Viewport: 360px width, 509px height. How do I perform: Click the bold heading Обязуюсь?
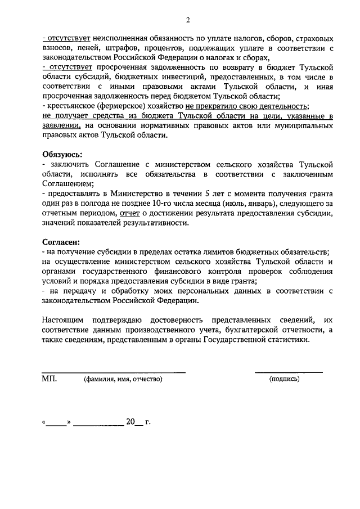click(62, 154)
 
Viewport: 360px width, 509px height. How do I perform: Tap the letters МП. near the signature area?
click(49, 379)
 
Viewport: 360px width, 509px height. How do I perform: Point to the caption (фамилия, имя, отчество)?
click(123, 379)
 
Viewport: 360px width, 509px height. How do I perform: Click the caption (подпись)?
click(285, 379)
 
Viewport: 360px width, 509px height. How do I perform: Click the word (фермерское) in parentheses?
click(118, 106)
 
